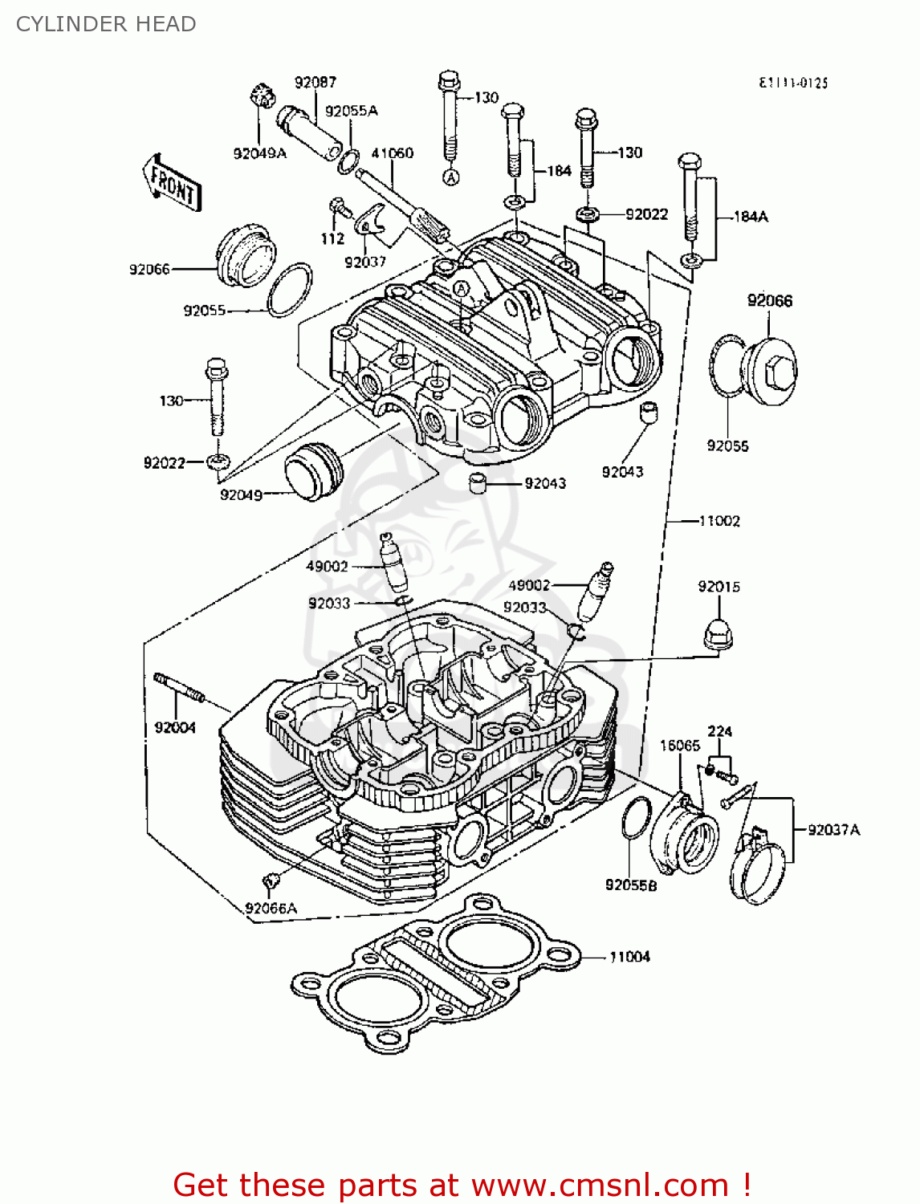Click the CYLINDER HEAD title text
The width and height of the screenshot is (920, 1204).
pos(106,24)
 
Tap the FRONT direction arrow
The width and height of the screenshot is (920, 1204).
pos(172,183)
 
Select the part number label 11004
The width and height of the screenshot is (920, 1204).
pos(629,957)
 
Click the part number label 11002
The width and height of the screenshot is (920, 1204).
pos(719,521)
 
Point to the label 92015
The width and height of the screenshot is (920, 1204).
pos(718,587)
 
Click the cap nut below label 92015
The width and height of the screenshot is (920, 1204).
pos(719,634)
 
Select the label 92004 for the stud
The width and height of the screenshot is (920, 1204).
pos(175,727)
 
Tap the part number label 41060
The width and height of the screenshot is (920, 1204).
pos(392,153)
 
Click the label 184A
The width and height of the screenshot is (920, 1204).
pos(751,216)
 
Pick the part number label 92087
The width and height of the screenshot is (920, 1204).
pos(315,82)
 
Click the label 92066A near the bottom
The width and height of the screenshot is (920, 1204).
pos(271,908)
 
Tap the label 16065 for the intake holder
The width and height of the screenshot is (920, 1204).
pos(679,746)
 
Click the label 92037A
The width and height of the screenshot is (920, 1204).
pos(833,830)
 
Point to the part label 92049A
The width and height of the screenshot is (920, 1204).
pos(259,153)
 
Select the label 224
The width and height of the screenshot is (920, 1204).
pos(719,731)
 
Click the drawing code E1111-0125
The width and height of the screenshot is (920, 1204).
pos(793,83)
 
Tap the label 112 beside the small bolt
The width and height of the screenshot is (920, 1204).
pos(332,238)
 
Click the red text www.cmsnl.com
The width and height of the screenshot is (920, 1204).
pos(599,1186)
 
